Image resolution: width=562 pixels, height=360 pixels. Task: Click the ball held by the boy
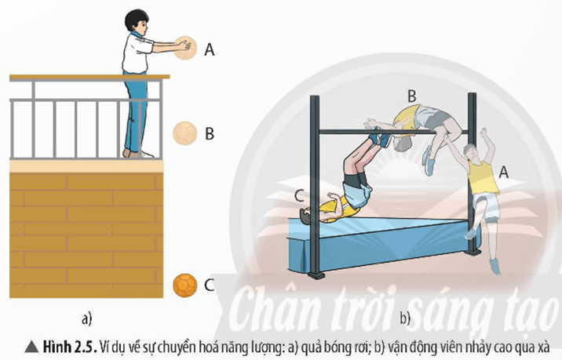(x=186, y=48)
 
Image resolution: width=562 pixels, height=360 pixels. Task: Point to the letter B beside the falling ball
(x=210, y=133)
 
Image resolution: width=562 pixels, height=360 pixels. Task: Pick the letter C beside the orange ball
(x=209, y=285)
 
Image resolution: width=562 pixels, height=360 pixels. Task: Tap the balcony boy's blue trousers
(x=140, y=110)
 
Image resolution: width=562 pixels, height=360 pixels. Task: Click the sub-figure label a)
(x=87, y=318)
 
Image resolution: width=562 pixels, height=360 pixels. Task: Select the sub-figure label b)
(x=406, y=318)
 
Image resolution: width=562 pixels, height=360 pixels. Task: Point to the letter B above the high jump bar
(x=411, y=95)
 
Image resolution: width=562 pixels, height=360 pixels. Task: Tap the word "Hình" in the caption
(x=56, y=346)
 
